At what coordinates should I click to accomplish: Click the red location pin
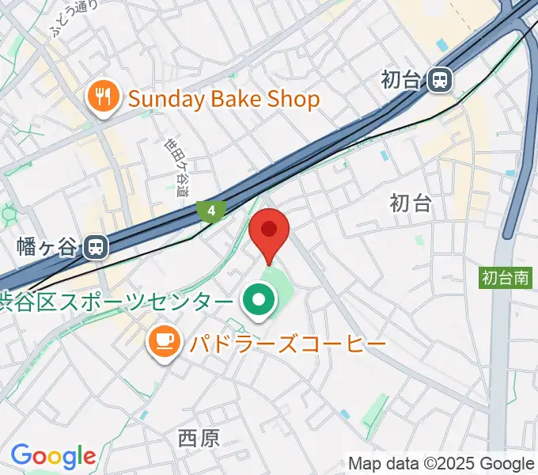click(269, 232)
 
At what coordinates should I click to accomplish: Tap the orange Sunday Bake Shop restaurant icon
click(103, 99)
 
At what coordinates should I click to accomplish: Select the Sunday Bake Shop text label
click(223, 99)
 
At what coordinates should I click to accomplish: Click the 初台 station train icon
click(439, 79)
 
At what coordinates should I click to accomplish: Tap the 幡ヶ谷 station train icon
click(96, 247)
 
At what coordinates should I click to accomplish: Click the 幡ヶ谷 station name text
click(48, 248)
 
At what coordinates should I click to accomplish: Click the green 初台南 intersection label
click(506, 278)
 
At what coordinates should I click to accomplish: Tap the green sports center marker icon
click(258, 301)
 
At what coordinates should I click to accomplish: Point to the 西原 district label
click(199, 438)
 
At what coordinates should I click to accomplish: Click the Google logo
click(53, 456)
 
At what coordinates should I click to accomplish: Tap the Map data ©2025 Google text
click(441, 464)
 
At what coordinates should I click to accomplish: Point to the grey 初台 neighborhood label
click(411, 203)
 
